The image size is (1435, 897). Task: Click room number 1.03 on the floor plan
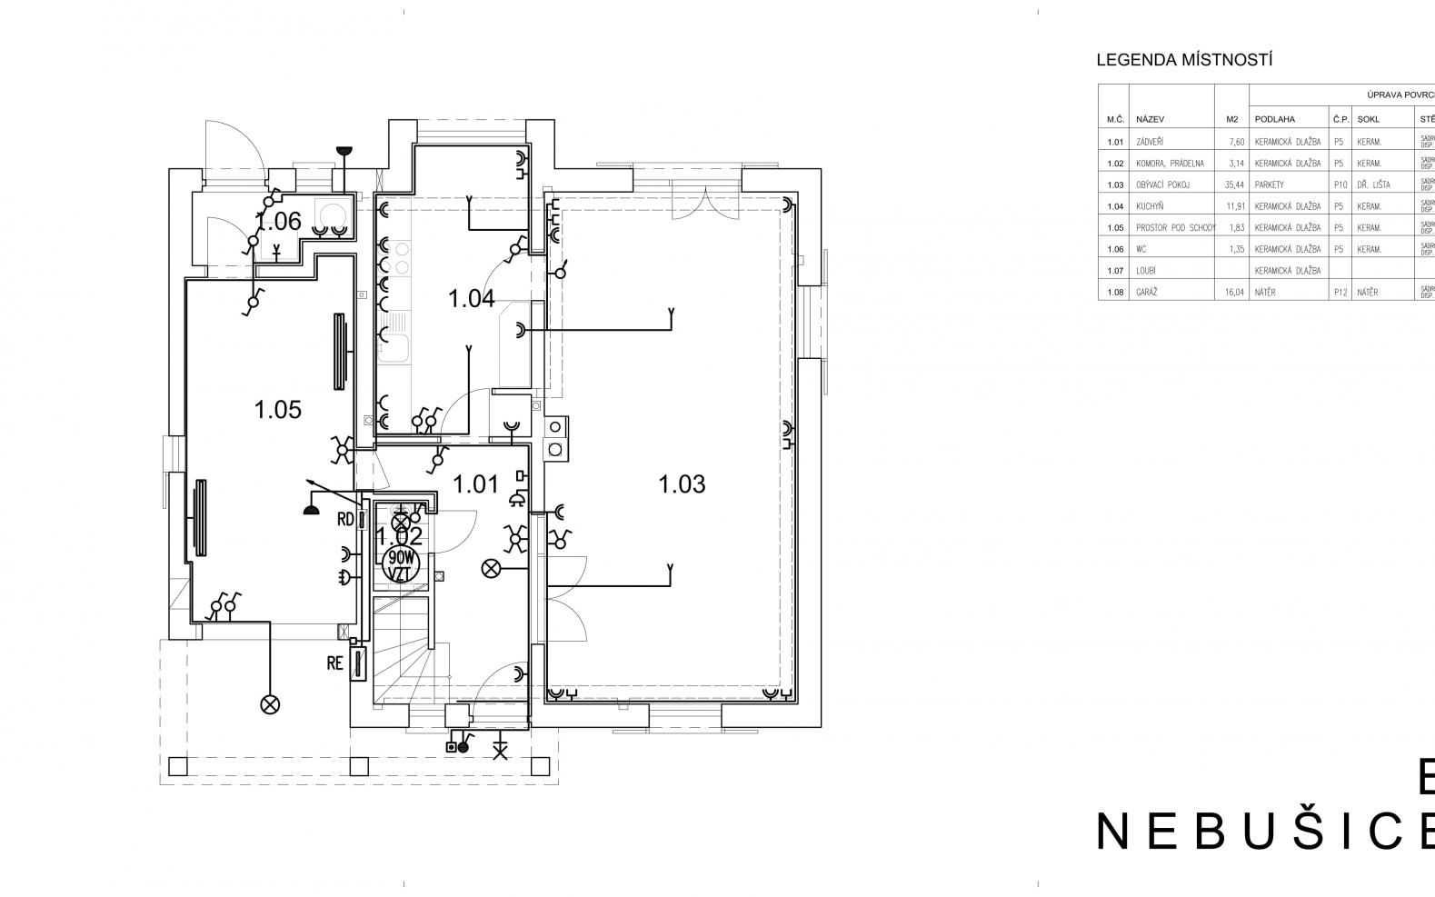click(682, 484)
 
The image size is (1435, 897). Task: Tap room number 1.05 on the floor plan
click(278, 410)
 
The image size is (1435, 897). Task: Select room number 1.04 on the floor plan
click(472, 298)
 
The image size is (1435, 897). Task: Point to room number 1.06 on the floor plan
click(278, 221)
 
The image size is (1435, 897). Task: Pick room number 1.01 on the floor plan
click(476, 484)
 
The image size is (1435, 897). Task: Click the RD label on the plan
click(345, 520)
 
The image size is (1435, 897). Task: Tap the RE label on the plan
click(335, 663)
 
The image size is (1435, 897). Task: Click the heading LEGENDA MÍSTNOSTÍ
click(1184, 61)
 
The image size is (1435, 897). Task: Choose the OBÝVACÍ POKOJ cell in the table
click(1162, 184)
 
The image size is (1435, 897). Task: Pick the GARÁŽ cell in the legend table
click(1147, 293)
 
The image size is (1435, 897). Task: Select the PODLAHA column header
click(1275, 119)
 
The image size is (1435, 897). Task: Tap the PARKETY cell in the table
click(1270, 184)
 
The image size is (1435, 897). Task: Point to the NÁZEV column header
click(1151, 119)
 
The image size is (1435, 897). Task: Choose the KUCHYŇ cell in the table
click(1151, 206)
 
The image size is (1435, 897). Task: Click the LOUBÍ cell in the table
click(1145, 271)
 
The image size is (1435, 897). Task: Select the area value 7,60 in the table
click(1233, 142)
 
